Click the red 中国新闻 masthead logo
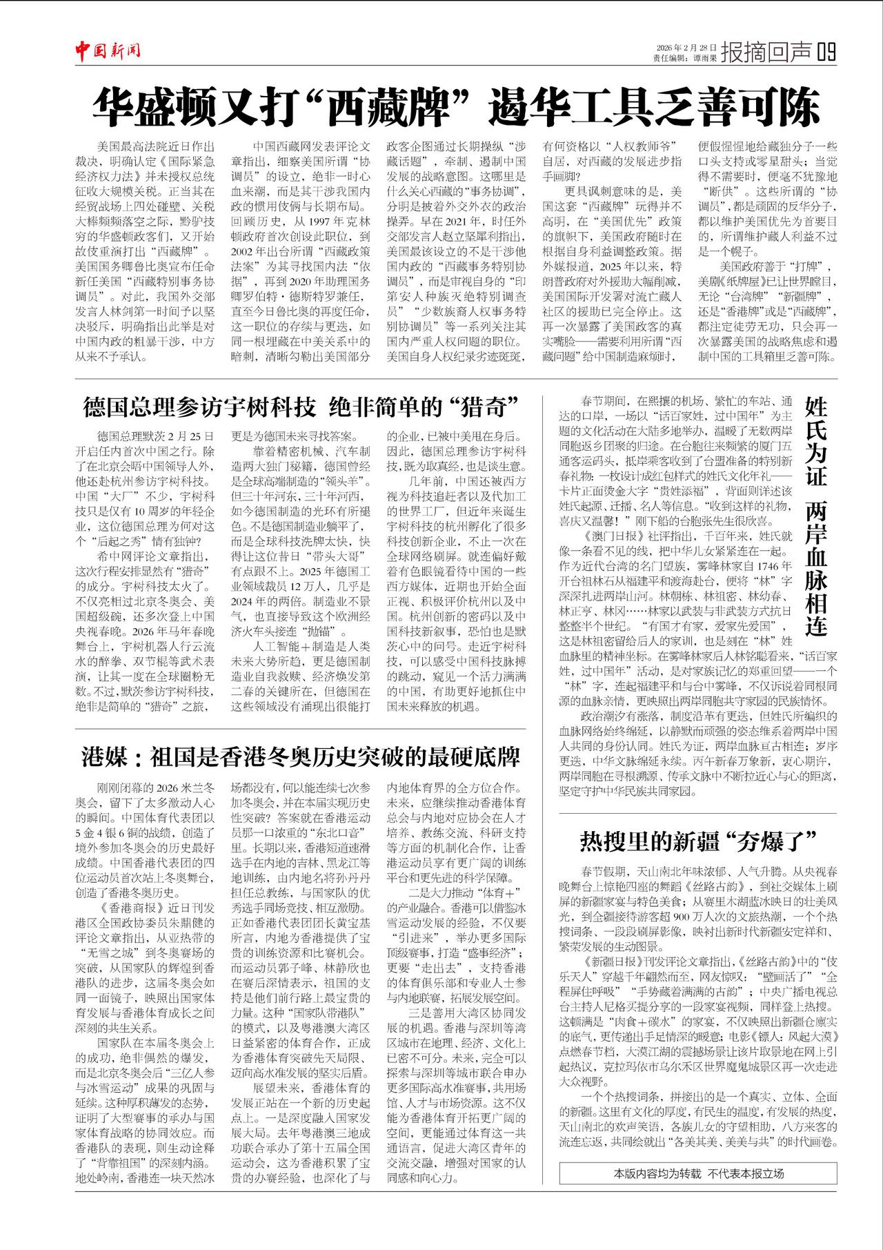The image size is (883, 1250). point(108,50)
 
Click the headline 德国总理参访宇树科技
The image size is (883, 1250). point(199,407)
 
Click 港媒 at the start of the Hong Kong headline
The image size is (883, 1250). point(104,756)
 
